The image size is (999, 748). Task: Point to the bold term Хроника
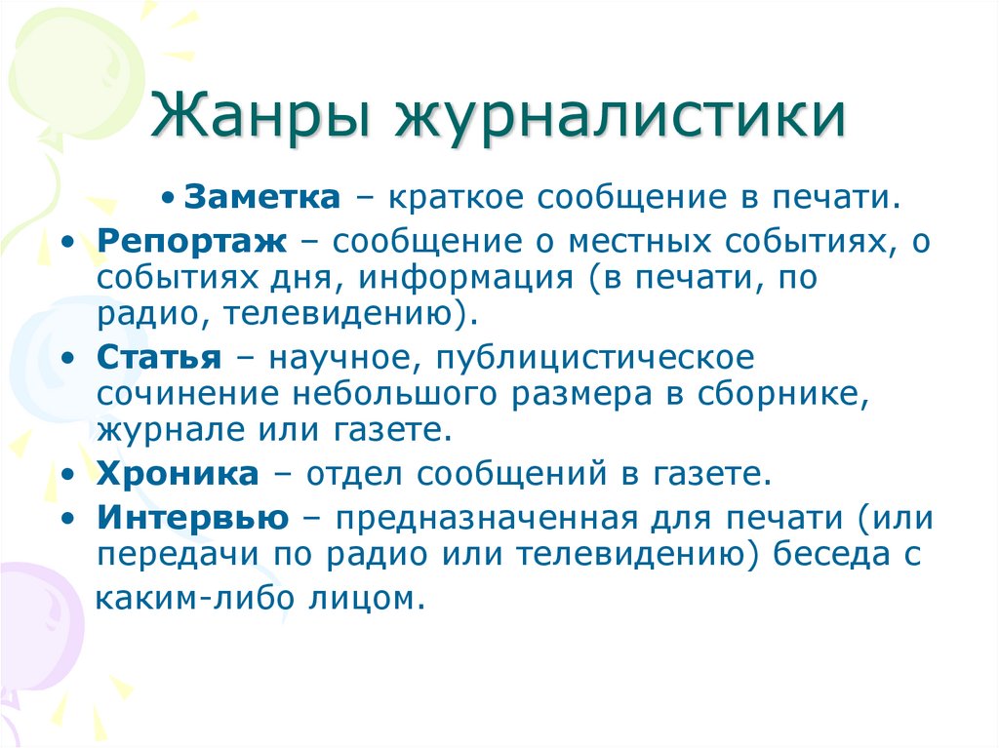point(178,474)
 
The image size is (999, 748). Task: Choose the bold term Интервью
point(192,517)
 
